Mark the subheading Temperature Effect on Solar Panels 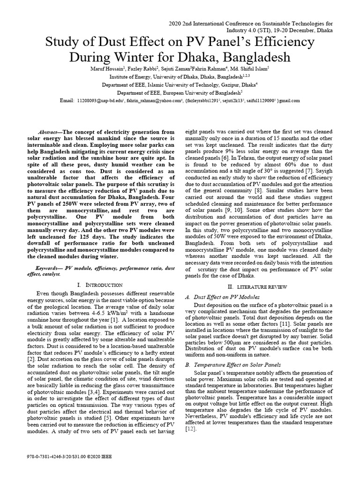click(239, 364)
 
